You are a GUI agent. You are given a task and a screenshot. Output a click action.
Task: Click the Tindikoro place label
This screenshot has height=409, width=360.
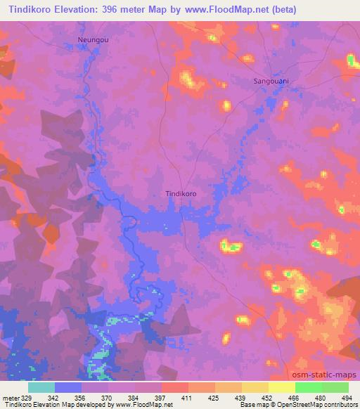click(x=180, y=193)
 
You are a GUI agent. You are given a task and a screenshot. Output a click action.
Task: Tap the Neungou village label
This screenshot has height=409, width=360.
click(x=93, y=40)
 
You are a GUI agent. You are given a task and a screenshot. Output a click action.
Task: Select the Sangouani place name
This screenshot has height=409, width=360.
click(x=272, y=82)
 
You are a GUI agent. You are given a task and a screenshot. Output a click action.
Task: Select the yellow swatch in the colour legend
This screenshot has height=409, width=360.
click(x=282, y=387)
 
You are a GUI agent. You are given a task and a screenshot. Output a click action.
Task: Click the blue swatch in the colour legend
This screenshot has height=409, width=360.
click(x=68, y=387)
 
